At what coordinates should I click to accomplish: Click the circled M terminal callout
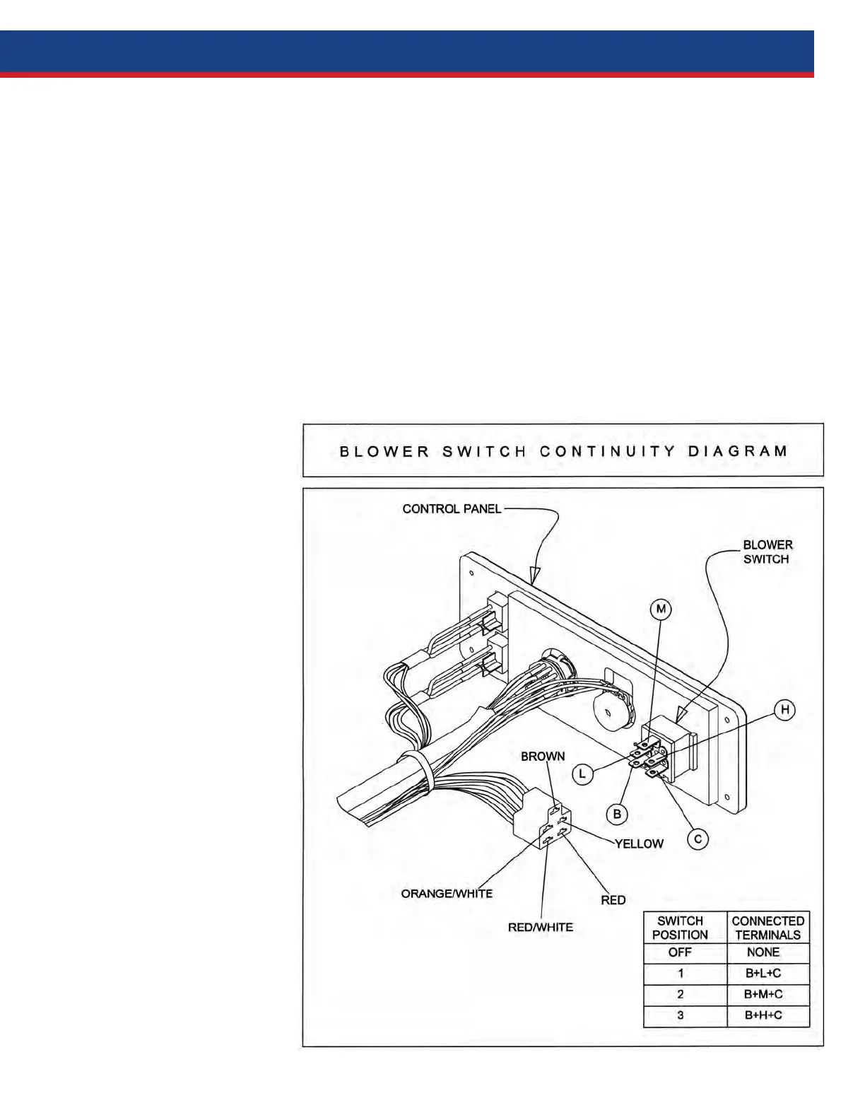[x=661, y=609]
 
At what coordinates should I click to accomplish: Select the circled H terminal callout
[x=784, y=710]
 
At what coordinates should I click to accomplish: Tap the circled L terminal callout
[x=582, y=775]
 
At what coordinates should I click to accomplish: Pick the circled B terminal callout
[x=617, y=815]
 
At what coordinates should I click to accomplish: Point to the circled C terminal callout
[x=698, y=839]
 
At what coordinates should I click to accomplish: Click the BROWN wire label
[x=543, y=757]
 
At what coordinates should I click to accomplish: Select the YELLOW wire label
[x=639, y=844]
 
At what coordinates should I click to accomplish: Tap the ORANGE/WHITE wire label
[x=447, y=894]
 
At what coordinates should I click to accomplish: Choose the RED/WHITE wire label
[x=541, y=927]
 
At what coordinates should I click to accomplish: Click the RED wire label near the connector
[x=613, y=900]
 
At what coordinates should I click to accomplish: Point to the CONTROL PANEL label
[x=452, y=508]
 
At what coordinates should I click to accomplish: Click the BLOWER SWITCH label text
[x=767, y=552]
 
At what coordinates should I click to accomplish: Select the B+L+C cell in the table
[x=763, y=974]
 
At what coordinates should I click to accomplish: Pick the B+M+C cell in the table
[x=763, y=994]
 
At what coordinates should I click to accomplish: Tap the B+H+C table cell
[x=763, y=1015]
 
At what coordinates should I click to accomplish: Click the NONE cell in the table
[x=763, y=952]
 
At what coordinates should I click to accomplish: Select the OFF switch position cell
[x=680, y=952]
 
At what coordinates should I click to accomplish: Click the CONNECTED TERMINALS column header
[x=767, y=928]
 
